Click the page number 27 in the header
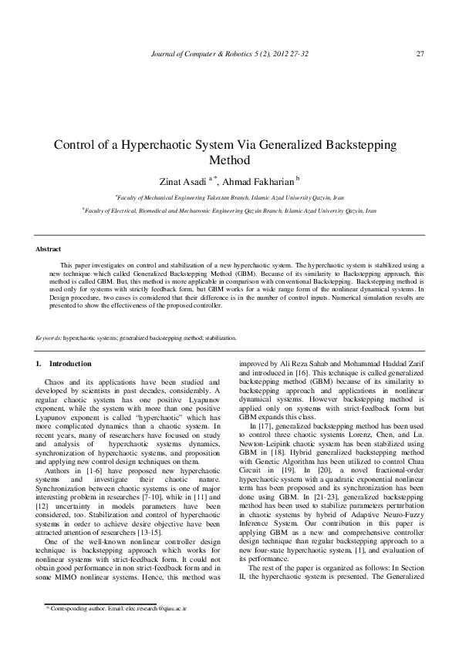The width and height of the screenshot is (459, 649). tap(420, 53)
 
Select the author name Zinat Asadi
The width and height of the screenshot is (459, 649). tap(183, 180)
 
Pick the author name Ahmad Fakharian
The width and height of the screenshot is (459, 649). tap(255, 180)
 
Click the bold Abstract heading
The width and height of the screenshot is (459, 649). tap(49, 249)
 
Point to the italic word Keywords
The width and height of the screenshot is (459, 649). tap(49, 338)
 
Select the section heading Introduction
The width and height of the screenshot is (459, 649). tap(70, 363)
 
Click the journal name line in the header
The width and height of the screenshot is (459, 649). tap(229, 53)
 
